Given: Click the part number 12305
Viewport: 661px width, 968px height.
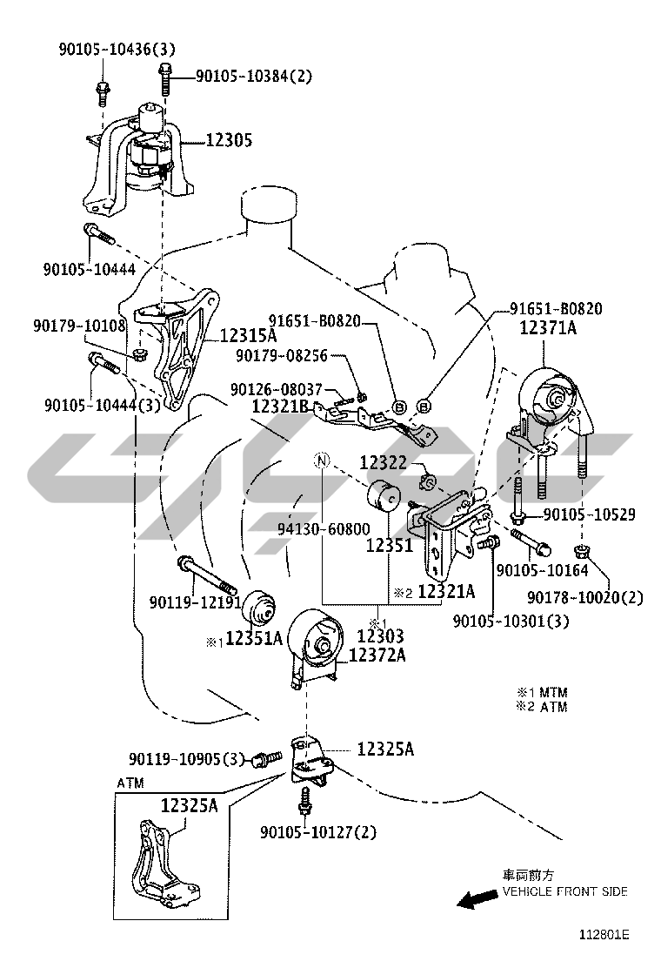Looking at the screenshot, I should tap(229, 138).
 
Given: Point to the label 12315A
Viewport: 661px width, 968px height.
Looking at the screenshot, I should tap(248, 334).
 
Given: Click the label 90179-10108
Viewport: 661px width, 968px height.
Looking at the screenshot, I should tap(80, 326).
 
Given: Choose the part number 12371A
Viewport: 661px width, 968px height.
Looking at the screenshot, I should tap(548, 328).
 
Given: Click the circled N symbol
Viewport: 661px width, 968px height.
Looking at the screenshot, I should tap(322, 460).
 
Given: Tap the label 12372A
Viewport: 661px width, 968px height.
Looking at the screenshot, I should tap(377, 655).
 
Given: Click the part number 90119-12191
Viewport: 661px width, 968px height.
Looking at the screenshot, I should tap(195, 602).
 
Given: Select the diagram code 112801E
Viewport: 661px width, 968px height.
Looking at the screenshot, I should tap(604, 936).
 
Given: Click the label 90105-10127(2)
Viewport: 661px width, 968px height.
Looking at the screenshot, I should tap(317, 831).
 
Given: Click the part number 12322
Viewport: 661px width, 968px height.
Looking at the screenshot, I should tap(384, 462).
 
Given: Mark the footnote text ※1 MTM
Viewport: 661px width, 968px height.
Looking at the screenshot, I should tap(541, 692).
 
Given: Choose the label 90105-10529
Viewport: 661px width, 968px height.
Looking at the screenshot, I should tap(589, 514).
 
